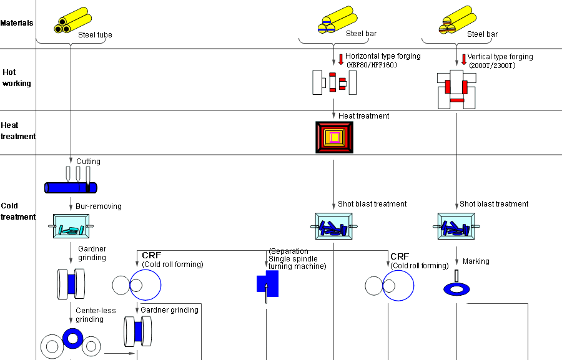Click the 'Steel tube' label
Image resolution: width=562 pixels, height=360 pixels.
coord(95,35)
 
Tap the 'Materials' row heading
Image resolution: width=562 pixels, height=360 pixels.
coord(17,23)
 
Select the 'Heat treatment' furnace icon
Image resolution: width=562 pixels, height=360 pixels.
coord(334,137)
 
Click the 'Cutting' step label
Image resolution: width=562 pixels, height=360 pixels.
coord(88,162)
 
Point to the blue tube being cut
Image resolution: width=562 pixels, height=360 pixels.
coord(71,187)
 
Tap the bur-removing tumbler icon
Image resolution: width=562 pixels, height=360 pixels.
coord(71,226)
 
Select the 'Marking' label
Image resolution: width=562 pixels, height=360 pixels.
coord(476,261)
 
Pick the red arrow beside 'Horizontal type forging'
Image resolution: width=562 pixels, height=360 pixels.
coord(340,60)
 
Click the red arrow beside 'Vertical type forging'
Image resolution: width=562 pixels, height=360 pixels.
coord(463,60)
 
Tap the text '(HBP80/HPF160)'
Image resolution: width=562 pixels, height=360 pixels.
coord(371,65)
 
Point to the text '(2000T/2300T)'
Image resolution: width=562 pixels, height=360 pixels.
coord(493,65)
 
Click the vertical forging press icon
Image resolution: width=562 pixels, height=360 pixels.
coord(457,89)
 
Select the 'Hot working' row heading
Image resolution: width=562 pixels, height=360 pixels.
coord(17,78)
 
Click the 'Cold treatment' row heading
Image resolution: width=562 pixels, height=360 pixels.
coord(18,211)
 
